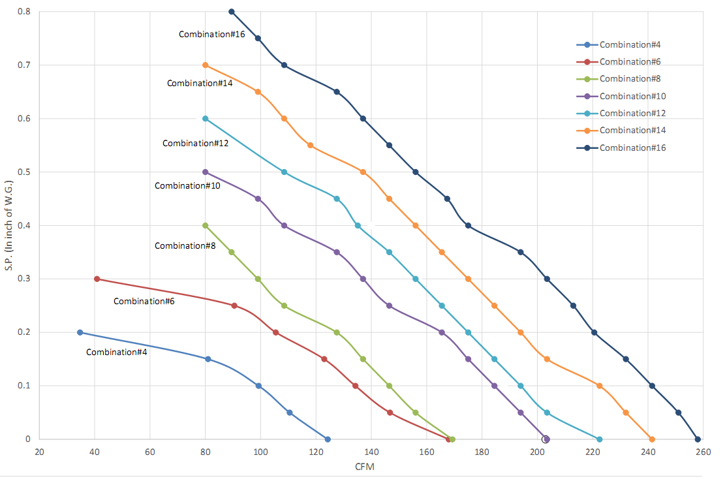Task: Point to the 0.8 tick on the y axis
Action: coord(23,12)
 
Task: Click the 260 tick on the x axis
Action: coord(703,452)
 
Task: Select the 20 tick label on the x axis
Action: coord(39,452)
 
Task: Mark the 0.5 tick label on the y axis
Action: coord(23,172)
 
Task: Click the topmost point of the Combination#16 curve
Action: coord(232,12)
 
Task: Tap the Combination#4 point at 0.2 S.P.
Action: coord(80,332)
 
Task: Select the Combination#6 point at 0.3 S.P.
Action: coord(97,279)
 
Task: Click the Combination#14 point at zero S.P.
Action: coord(652,439)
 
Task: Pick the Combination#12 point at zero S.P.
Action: coord(600,439)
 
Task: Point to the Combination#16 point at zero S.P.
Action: coord(698,439)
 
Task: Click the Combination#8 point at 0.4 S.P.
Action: coord(206,226)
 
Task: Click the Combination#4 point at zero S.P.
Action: coord(328,439)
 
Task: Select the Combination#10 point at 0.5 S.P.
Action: coord(206,172)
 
